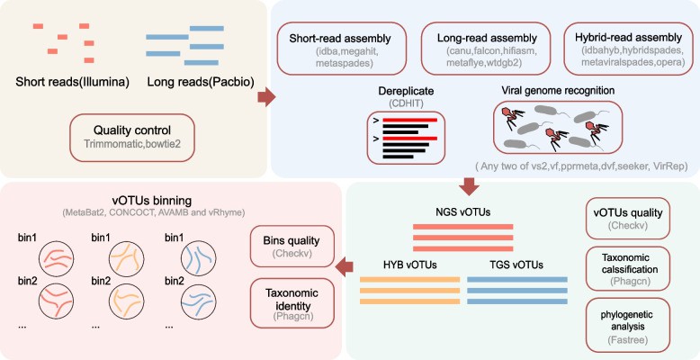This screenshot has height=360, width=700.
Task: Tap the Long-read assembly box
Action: (483, 47)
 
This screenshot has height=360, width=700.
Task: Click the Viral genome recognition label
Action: (559, 92)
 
